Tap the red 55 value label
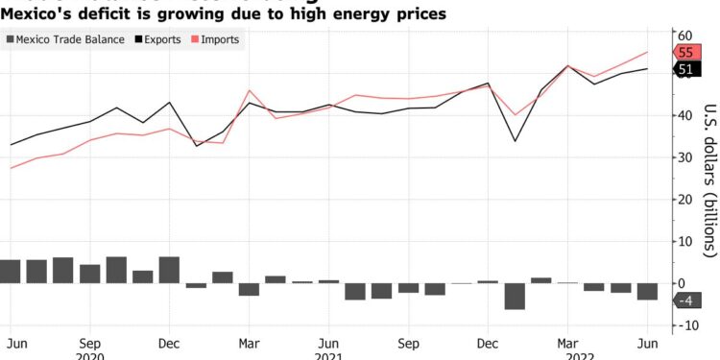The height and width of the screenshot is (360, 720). pos(685,53)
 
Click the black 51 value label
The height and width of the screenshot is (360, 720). pos(685,69)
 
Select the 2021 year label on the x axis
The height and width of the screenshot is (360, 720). pos(329,355)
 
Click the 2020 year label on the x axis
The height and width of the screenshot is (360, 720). pos(89,355)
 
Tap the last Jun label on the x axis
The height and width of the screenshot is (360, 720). pos(647,342)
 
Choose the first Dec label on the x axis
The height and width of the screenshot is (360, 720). pos(169,342)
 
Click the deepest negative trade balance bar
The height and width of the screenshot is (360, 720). pos(515,296)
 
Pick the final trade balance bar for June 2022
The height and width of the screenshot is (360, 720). pos(647,292)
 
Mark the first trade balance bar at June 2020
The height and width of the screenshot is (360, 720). pos(11,272)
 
